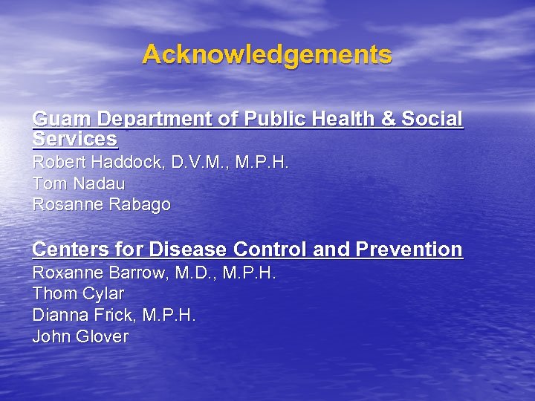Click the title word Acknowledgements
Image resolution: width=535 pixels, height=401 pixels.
click(x=267, y=54)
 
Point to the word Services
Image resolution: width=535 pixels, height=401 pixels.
click(x=75, y=139)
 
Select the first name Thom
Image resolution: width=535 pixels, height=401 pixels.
click(x=54, y=293)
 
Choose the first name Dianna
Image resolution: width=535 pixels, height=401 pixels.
click(x=58, y=315)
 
